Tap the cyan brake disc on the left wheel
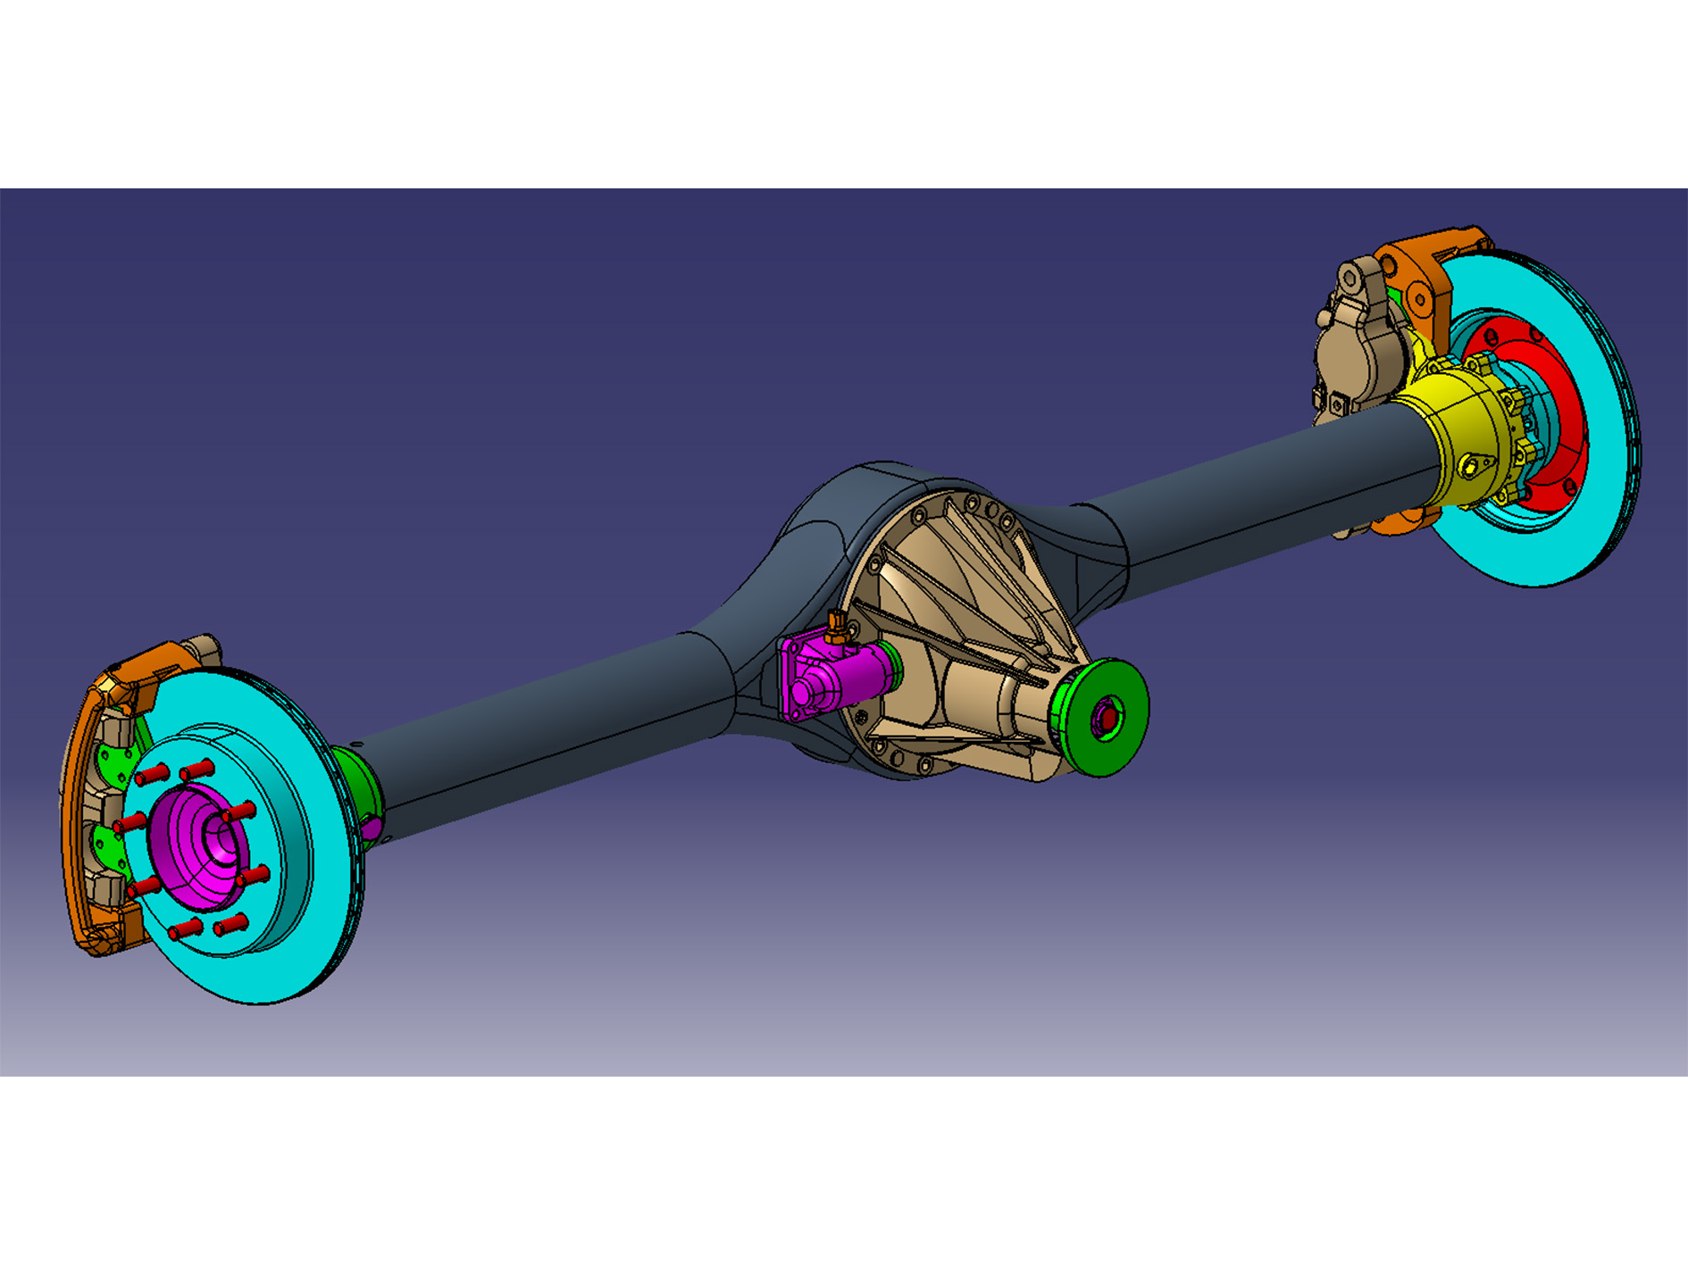coord(295,937)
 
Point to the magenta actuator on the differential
coord(831,678)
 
